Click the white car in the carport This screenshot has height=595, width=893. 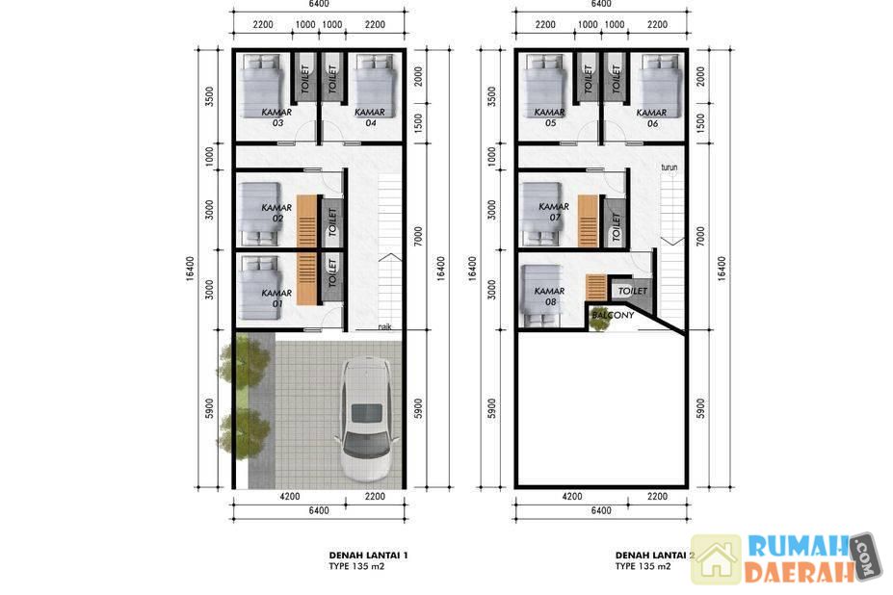coord(367,419)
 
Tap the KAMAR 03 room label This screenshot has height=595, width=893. coord(276,117)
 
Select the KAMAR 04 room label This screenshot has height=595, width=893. coord(370,117)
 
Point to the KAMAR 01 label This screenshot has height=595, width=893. coord(276,297)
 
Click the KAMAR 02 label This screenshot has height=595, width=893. coord(276,213)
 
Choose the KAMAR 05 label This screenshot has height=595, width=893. coord(550,117)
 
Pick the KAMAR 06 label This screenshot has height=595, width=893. coord(651,117)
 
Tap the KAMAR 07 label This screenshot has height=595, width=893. coord(554,211)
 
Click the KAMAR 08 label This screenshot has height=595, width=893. coord(550,297)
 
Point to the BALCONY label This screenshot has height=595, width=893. coord(613,315)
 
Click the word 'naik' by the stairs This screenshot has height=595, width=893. coord(385,326)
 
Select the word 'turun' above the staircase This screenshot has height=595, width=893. coord(670,168)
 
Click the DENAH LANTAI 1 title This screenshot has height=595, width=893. coord(369,556)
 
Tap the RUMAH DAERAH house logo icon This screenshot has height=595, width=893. coord(717,559)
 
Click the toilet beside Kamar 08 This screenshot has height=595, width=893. coord(632,291)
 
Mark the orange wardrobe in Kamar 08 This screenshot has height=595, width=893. coord(596,287)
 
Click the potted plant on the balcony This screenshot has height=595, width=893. coord(598,320)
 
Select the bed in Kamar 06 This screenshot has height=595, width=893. coord(660,86)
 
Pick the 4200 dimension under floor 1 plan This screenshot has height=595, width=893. coord(289,497)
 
